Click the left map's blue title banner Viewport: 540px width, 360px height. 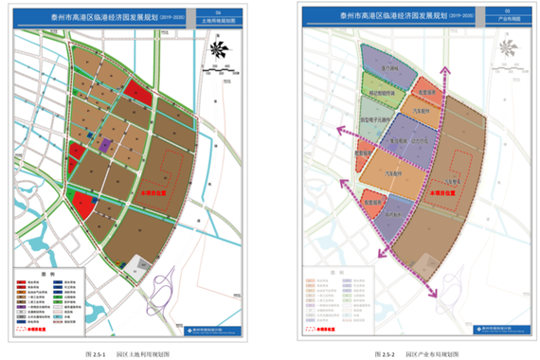click(x=133, y=17)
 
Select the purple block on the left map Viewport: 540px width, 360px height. click(x=105, y=144)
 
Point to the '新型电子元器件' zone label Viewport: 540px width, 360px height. click(x=378, y=120)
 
